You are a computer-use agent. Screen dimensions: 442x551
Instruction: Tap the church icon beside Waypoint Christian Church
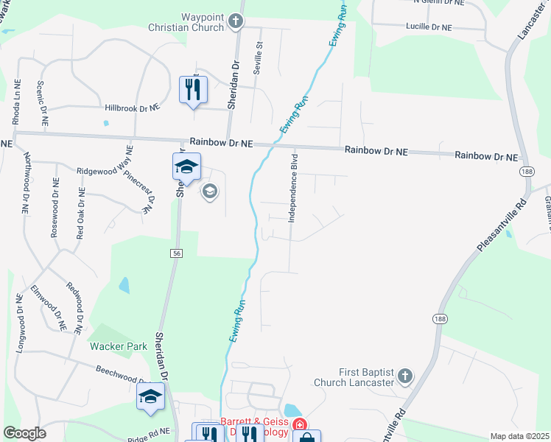click(x=236, y=21)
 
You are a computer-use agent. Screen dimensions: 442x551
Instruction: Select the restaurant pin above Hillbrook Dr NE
click(x=193, y=90)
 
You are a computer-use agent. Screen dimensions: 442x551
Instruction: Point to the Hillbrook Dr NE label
click(x=132, y=108)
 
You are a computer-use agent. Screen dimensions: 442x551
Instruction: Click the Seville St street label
click(x=259, y=54)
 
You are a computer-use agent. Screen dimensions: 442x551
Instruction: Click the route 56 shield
click(x=178, y=253)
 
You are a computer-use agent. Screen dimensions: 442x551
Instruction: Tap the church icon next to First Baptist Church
click(x=404, y=377)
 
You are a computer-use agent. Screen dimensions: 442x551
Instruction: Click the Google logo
click(x=24, y=433)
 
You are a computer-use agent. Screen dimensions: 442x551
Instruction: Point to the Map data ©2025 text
click(x=519, y=436)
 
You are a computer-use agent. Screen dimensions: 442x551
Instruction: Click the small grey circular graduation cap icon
click(x=209, y=192)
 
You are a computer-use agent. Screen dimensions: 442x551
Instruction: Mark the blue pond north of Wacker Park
click(x=124, y=284)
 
